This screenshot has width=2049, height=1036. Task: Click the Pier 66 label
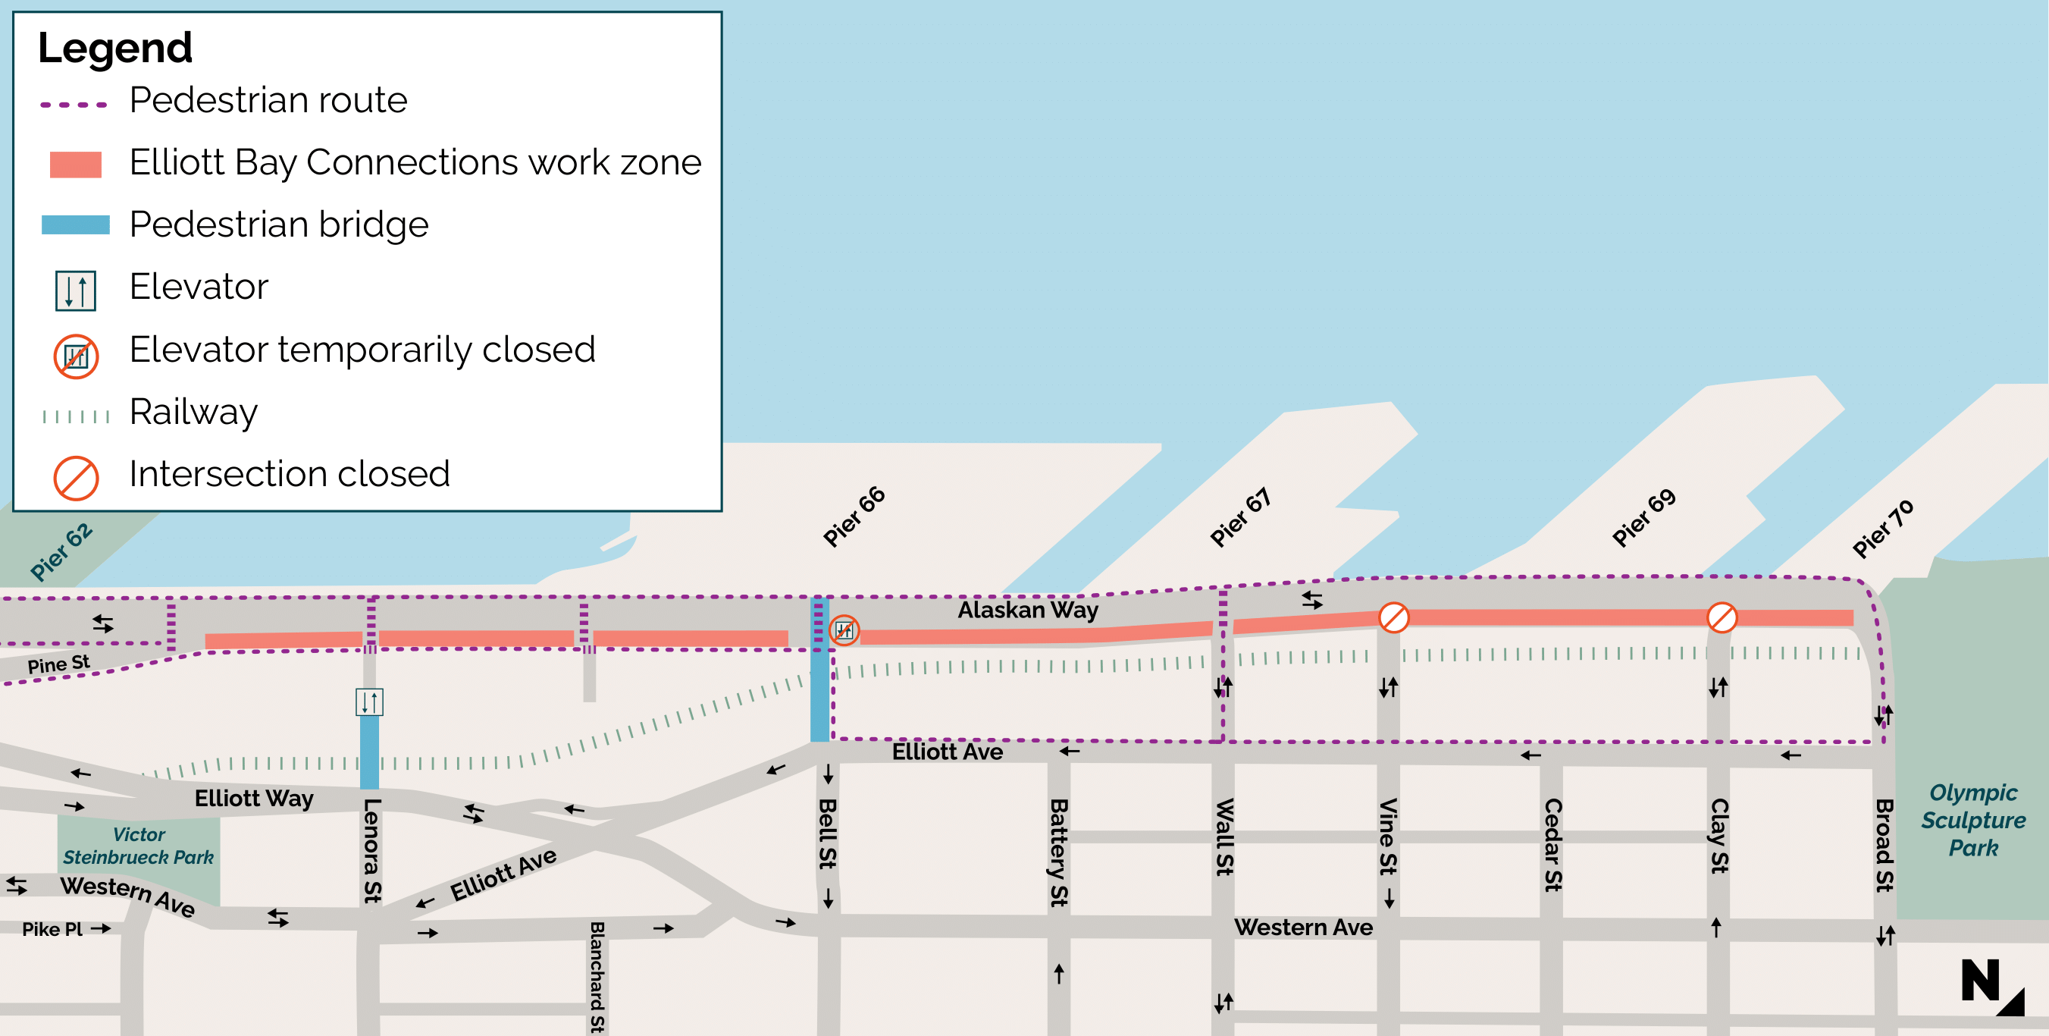point(854,516)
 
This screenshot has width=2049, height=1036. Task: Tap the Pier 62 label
point(61,551)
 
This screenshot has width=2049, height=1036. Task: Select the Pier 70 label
point(1882,529)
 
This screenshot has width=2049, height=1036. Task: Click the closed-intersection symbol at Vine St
point(1393,617)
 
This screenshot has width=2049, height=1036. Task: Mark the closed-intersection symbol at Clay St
point(1722,617)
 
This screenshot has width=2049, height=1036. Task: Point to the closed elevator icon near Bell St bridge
point(844,630)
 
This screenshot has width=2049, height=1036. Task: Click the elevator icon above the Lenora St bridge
point(369,702)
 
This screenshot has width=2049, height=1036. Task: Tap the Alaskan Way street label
point(1027,610)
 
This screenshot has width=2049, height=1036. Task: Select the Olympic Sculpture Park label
point(1972,820)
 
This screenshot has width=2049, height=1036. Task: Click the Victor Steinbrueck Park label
point(139,846)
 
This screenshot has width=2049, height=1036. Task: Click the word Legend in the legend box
point(114,48)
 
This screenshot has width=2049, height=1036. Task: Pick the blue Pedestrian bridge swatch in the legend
point(76,224)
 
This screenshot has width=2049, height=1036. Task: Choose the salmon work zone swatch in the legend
point(76,164)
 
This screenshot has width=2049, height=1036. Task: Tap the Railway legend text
point(193,411)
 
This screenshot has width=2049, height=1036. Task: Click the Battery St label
point(1058,852)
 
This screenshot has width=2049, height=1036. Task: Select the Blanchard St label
point(597,977)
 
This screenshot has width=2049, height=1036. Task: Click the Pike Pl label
point(52,928)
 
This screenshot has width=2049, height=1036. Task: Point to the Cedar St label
point(1552,844)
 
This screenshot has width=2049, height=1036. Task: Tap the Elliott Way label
point(254,798)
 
